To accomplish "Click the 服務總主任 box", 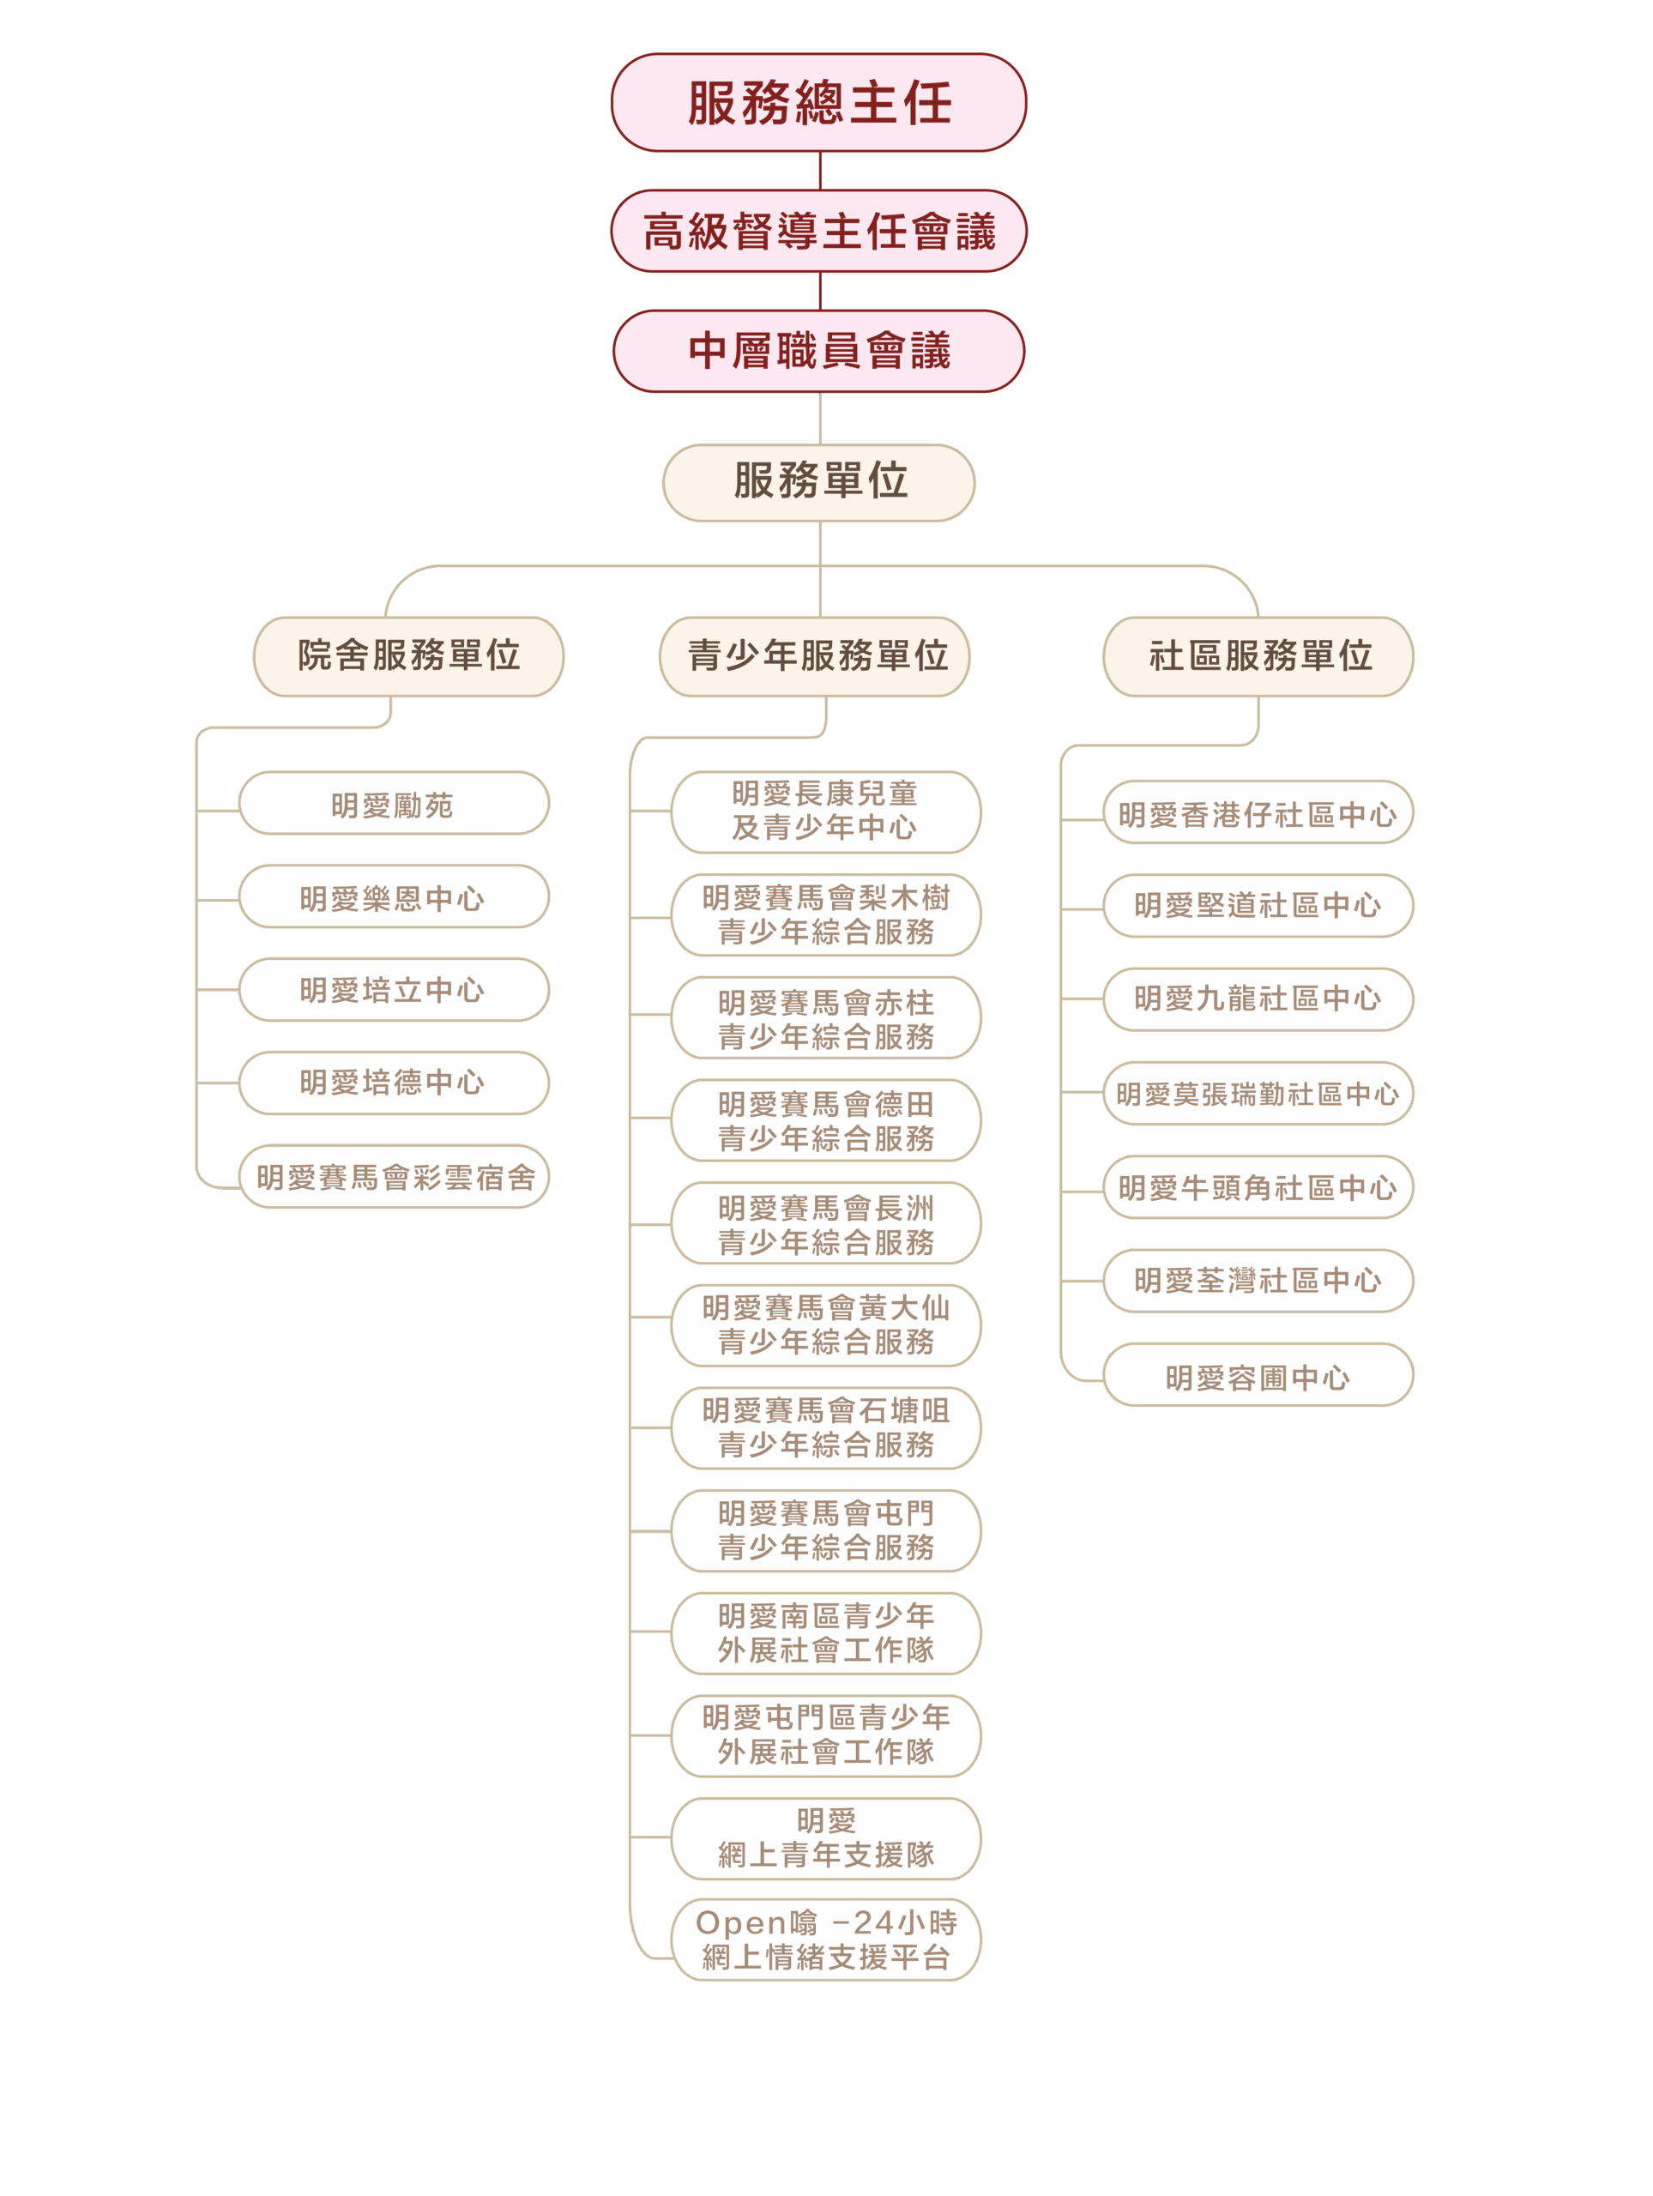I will pos(818,102).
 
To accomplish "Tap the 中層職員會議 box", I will pos(818,351).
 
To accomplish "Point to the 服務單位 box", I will pos(818,481).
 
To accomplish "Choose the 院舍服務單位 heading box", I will pos(408,655).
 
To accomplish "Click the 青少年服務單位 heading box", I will pos(814,655).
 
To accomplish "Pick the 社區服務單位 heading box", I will pos(1258,655).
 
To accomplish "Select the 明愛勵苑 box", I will pos(393,803).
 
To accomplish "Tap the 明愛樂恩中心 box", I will pos(393,896).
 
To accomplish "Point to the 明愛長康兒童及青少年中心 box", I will pos(825,811).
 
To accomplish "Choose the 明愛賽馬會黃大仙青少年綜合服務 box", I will pos(825,1324).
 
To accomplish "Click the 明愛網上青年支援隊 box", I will pos(825,1837).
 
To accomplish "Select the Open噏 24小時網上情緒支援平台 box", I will pos(825,1940).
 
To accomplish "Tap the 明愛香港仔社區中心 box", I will pos(1258,813).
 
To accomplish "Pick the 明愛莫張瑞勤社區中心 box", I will pos(1258,1093).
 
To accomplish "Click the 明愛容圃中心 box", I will pos(1258,1375).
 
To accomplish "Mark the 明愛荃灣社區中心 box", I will pos(1258,1281).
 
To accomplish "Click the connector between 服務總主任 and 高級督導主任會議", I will pos(820,171).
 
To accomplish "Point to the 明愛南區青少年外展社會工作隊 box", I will pos(825,1633).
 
